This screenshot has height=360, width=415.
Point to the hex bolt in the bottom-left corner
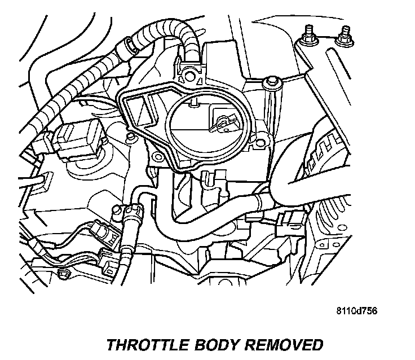pos(63,275)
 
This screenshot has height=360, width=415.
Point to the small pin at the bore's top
pos(193,103)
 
